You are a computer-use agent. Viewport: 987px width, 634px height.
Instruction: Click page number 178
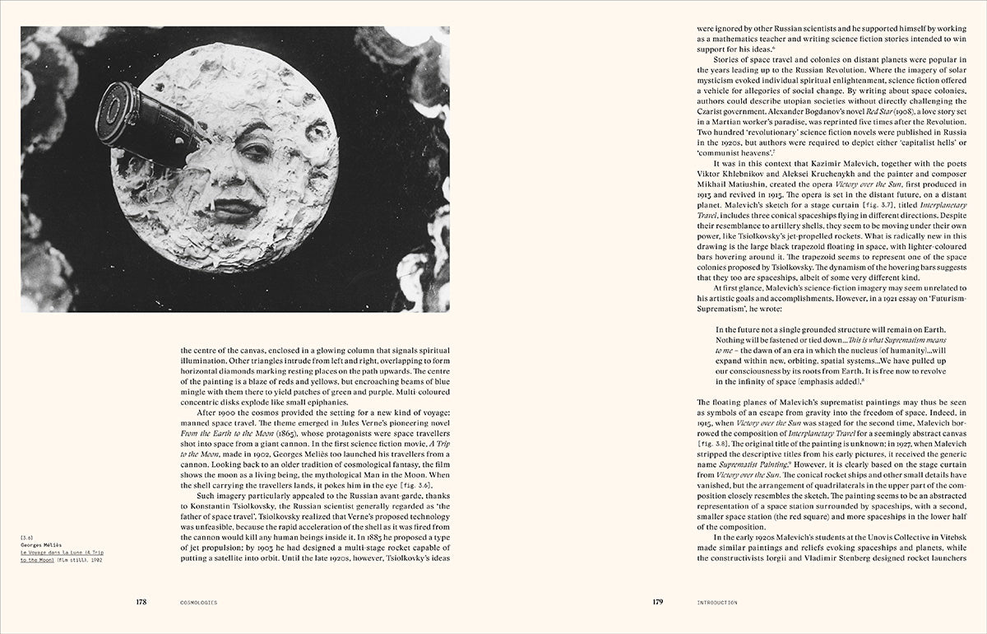click(x=141, y=602)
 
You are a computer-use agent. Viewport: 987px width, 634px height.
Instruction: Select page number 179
click(x=657, y=602)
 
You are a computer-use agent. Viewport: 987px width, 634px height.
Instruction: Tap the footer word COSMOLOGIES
click(x=197, y=603)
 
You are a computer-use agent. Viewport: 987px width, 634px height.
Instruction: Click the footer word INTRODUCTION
click(x=714, y=603)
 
